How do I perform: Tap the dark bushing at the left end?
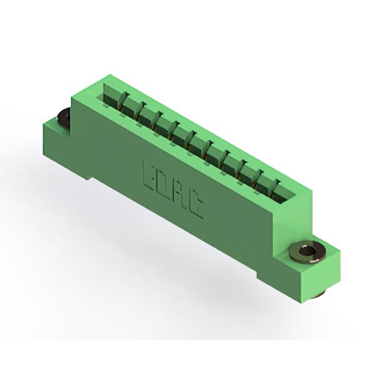tap(63, 116)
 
